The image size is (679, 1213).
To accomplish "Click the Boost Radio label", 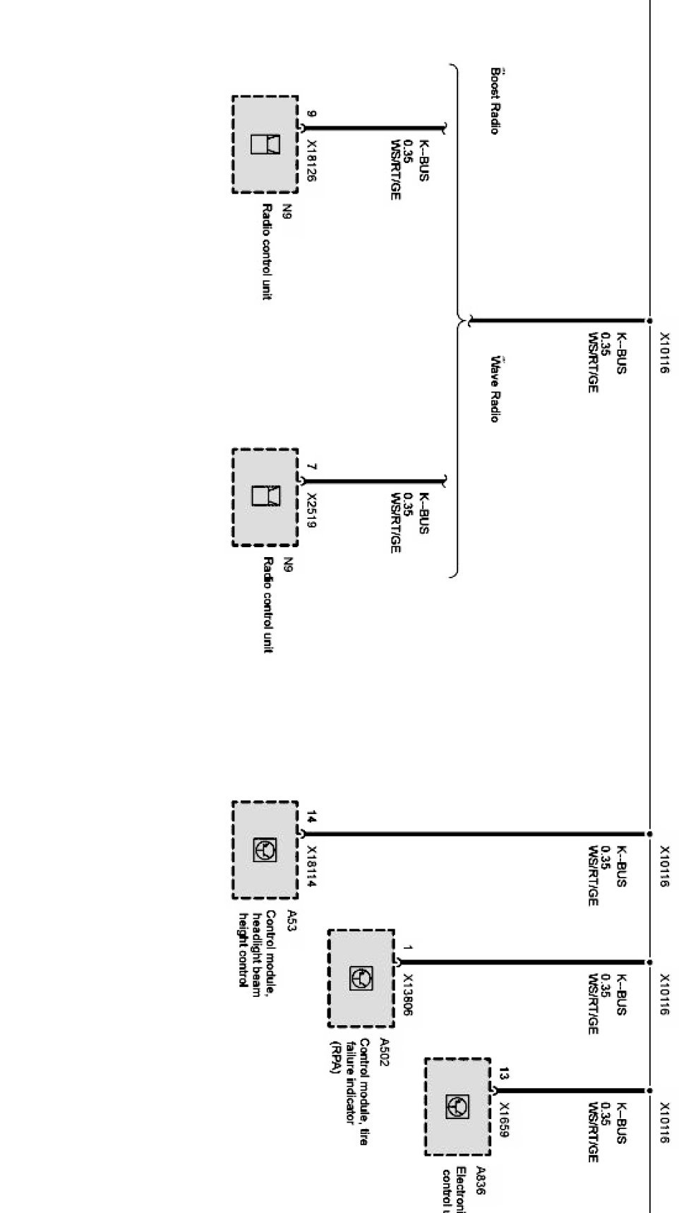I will tap(495, 101).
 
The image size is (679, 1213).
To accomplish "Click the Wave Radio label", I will tap(495, 390).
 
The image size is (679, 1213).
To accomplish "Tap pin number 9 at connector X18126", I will tap(311, 114).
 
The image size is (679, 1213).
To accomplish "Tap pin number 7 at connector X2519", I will tap(311, 467).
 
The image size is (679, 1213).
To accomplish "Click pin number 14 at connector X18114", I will tap(311, 818).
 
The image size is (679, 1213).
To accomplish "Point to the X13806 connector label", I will tap(407, 996).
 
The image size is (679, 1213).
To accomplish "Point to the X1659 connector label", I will tap(504, 1121).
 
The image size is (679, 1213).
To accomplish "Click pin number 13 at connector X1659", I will tap(503, 1075).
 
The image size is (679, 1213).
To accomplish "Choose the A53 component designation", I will tap(292, 921).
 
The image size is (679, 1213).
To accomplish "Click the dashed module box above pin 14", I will tap(265, 850).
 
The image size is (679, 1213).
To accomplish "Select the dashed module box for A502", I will tap(361, 979).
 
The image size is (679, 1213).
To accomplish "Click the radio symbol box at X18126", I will tap(265, 144).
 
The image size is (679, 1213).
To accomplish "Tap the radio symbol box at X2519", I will tap(265, 496).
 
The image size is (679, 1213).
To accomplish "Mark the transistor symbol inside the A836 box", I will tap(457, 1106).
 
